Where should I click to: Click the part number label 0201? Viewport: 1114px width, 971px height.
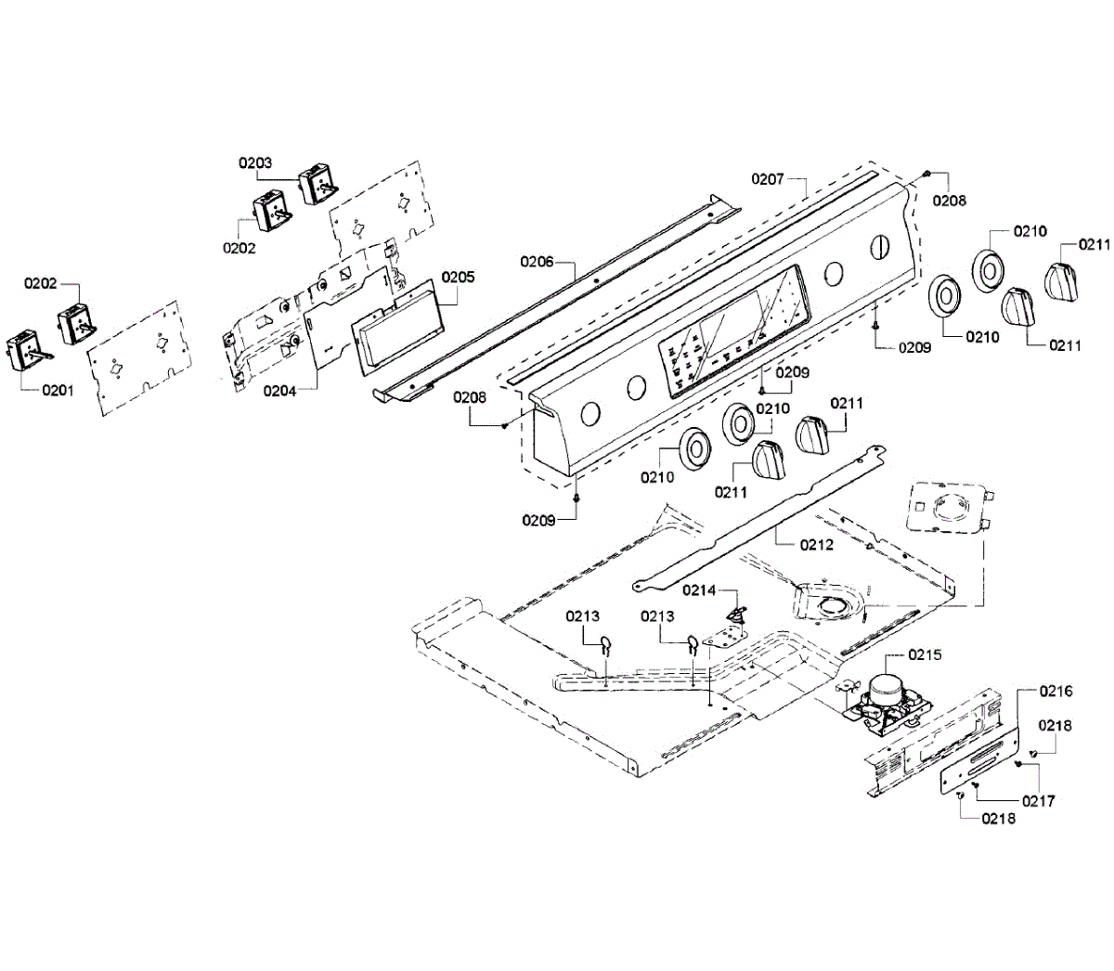tap(58, 391)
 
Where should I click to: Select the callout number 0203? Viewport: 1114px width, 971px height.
tap(254, 162)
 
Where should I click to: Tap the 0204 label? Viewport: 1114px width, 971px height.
tap(279, 391)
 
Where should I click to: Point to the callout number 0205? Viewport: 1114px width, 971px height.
tap(458, 277)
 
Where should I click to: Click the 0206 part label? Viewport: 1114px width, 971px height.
tap(537, 262)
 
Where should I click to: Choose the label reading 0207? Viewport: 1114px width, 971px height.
tap(768, 178)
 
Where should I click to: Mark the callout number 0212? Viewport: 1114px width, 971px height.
tap(817, 545)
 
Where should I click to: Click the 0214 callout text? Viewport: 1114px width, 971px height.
tap(699, 589)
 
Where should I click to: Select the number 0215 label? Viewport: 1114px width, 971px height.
tap(925, 654)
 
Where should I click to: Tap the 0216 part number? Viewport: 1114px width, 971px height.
tap(1056, 691)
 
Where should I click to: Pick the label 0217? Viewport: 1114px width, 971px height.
tap(1038, 801)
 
